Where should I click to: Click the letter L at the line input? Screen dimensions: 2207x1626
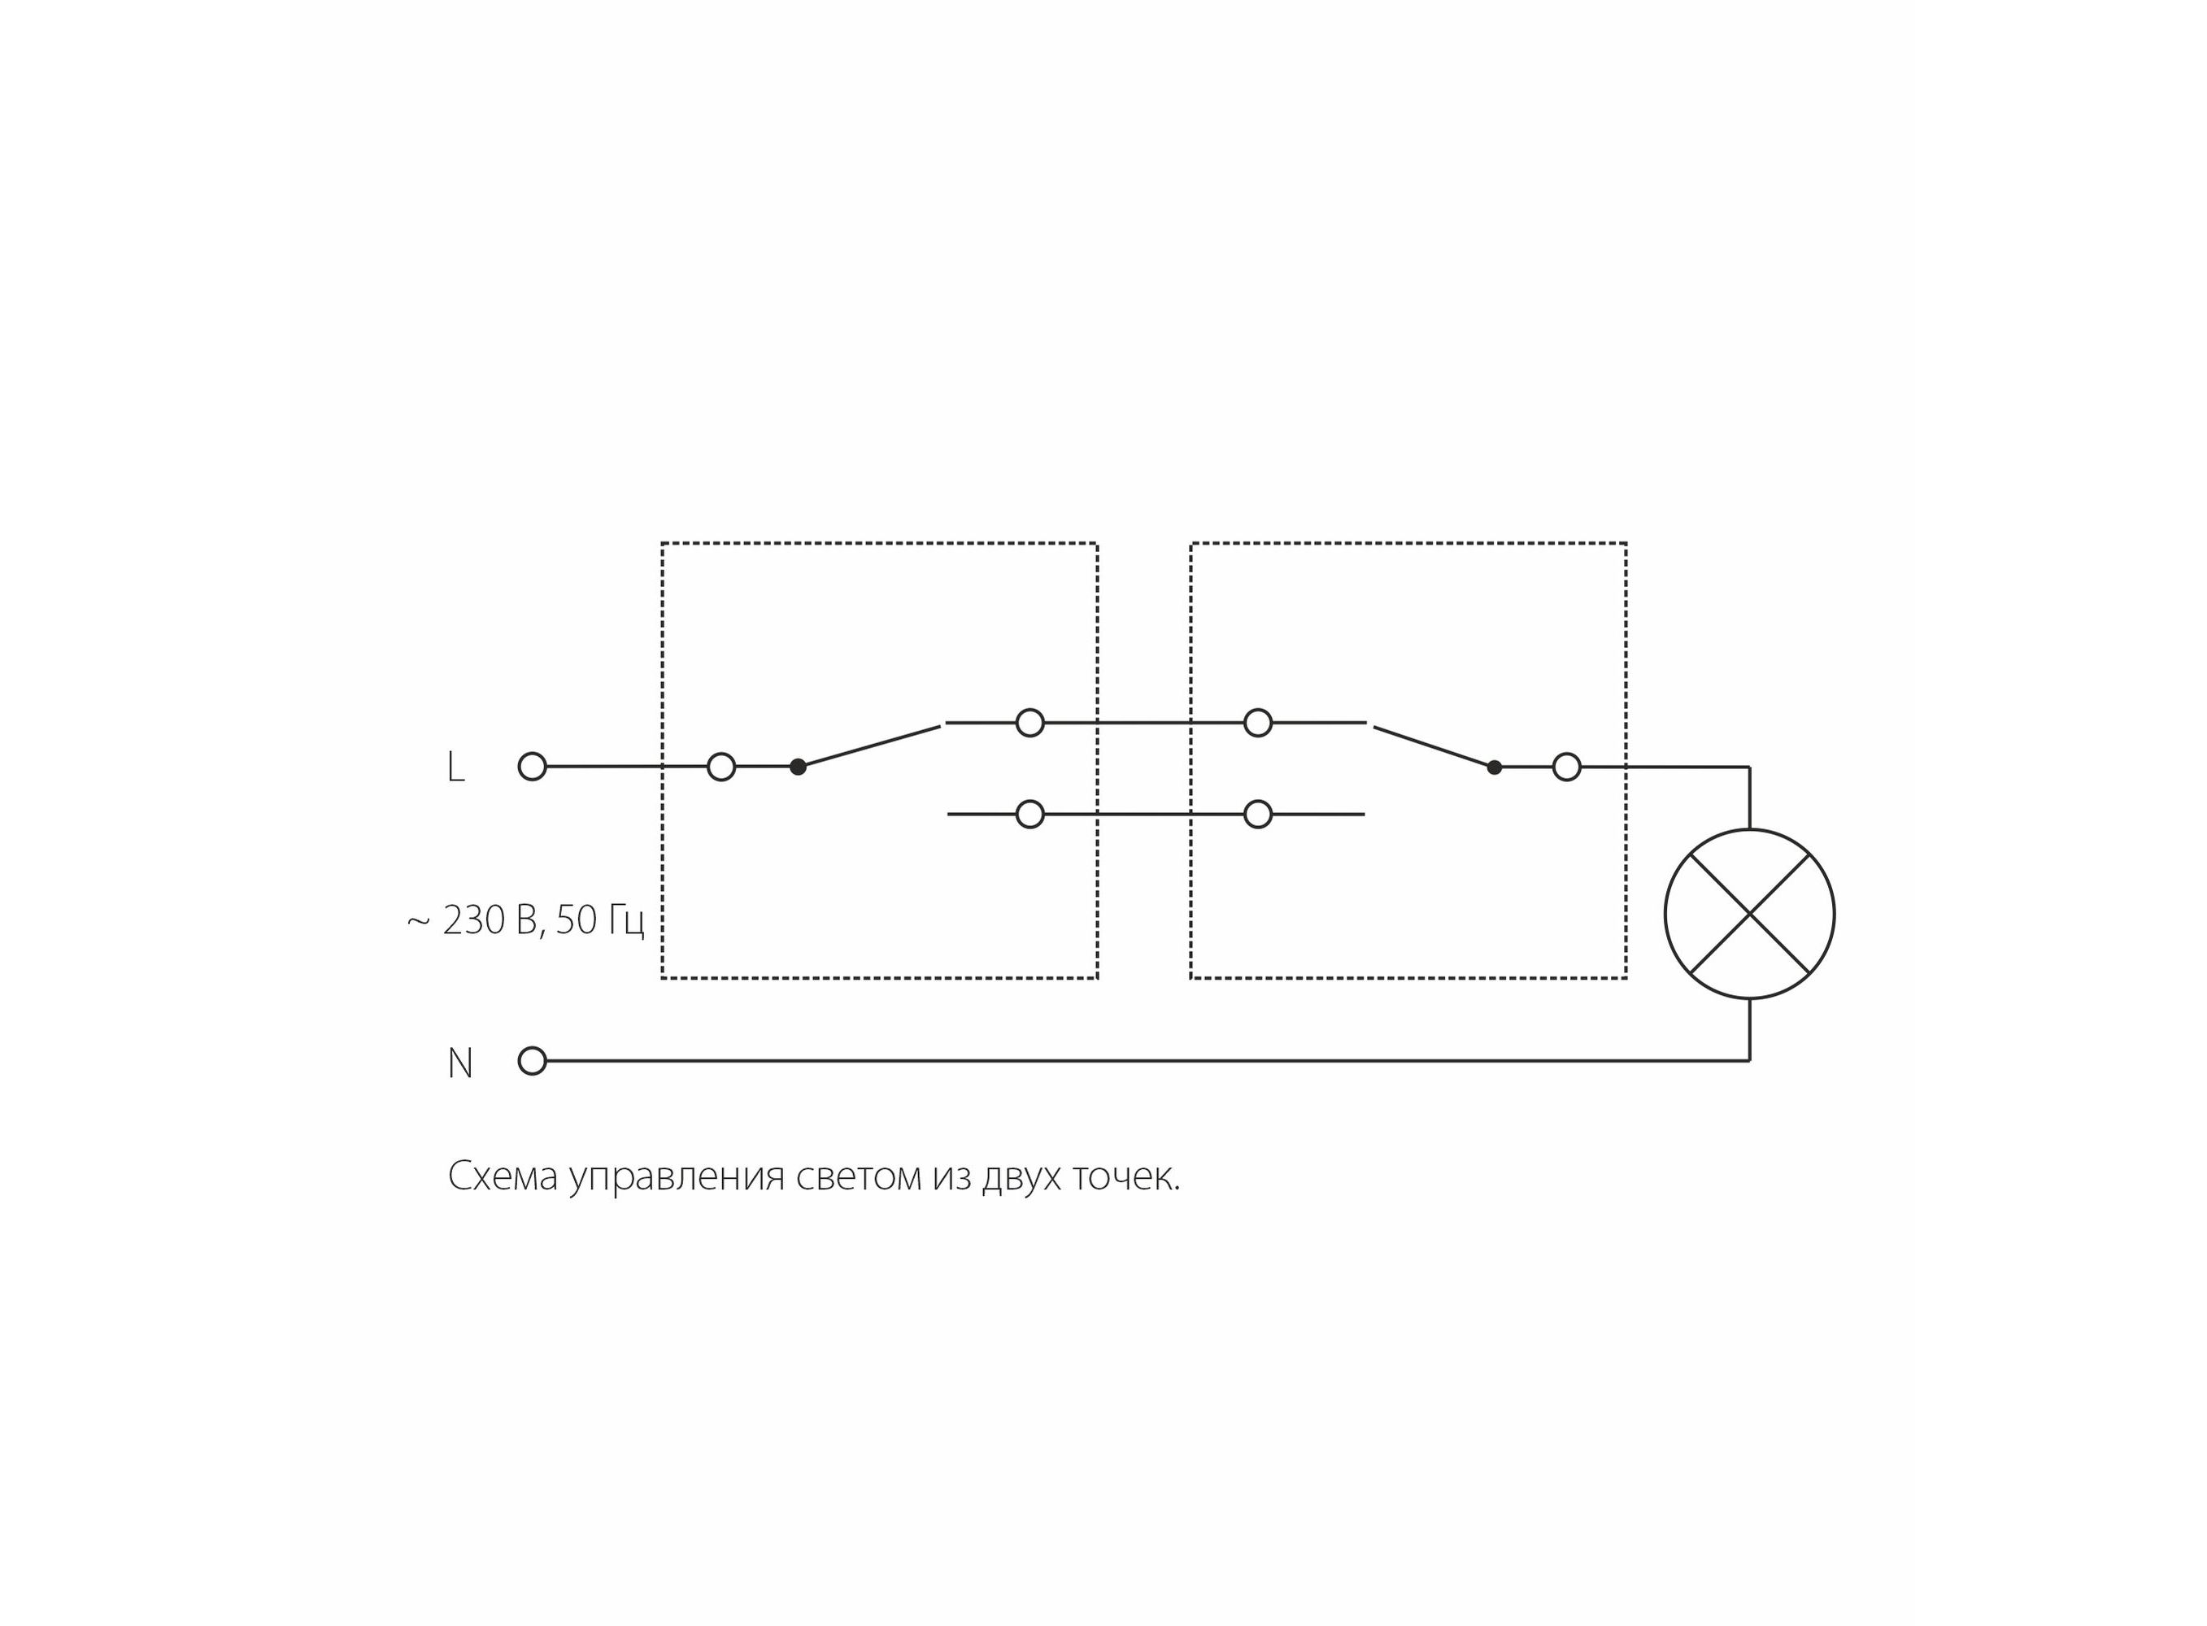(x=455, y=767)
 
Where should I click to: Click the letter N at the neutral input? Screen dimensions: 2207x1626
(x=459, y=1063)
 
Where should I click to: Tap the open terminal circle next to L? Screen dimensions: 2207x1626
(x=532, y=766)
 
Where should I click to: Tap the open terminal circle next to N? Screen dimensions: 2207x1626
(x=532, y=1061)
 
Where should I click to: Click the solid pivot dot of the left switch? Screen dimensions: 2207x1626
(x=798, y=767)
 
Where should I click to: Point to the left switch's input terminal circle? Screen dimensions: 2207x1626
(x=720, y=766)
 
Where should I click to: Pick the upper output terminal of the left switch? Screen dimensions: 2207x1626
(x=1029, y=723)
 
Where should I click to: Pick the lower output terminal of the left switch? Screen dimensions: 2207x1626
(x=1029, y=814)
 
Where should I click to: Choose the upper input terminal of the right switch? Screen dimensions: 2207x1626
(x=1257, y=723)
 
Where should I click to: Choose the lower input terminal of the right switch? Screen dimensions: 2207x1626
(x=1257, y=814)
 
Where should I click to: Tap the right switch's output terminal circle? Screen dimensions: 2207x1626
(x=1566, y=766)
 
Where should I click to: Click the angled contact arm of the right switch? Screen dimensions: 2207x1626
(x=1434, y=746)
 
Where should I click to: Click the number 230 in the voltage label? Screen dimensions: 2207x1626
(x=473, y=920)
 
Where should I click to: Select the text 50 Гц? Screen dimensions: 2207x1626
(x=599, y=920)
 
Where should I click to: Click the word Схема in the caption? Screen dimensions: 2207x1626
(x=503, y=1176)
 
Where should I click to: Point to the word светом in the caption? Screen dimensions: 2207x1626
(x=860, y=1176)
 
